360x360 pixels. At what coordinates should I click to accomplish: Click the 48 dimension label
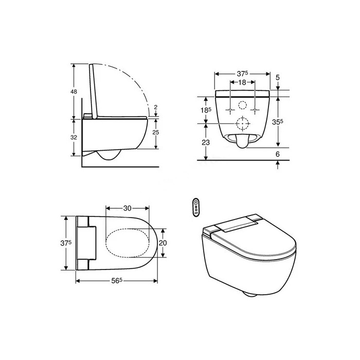coord(74,92)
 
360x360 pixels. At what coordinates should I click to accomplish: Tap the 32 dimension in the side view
coord(74,137)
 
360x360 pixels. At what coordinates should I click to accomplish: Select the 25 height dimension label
coord(156,132)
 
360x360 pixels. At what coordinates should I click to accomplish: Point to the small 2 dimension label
coord(156,107)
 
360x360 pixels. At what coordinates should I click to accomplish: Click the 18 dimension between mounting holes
coord(242,82)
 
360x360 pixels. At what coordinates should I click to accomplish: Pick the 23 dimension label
coord(206,142)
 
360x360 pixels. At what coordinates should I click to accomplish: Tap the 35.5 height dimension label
coord(277,122)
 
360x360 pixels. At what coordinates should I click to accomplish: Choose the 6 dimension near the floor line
coord(278,154)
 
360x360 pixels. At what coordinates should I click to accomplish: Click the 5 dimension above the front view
coord(278,78)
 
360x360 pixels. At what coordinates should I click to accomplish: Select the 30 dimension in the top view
coord(127,208)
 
